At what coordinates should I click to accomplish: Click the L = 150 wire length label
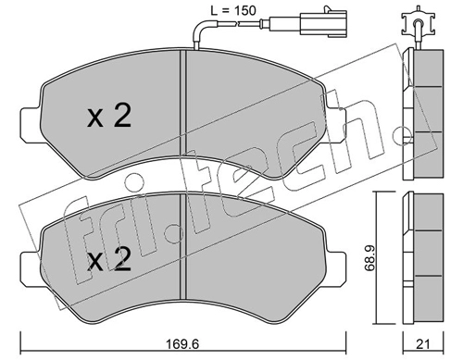(x=233, y=11)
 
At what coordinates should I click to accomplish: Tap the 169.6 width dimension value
(x=182, y=343)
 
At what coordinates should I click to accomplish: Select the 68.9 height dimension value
(x=369, y=258)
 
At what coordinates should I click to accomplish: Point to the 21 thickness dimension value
(x=422, y=344)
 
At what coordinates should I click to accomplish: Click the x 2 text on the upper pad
(x=109, y=116)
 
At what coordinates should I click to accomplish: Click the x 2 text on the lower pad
(x=109, y=259)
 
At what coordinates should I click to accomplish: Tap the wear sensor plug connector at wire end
(x=323, y=21)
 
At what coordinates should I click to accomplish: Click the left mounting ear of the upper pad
(x=31, y=125)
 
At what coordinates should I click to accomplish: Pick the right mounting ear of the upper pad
(x=335, y=125)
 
